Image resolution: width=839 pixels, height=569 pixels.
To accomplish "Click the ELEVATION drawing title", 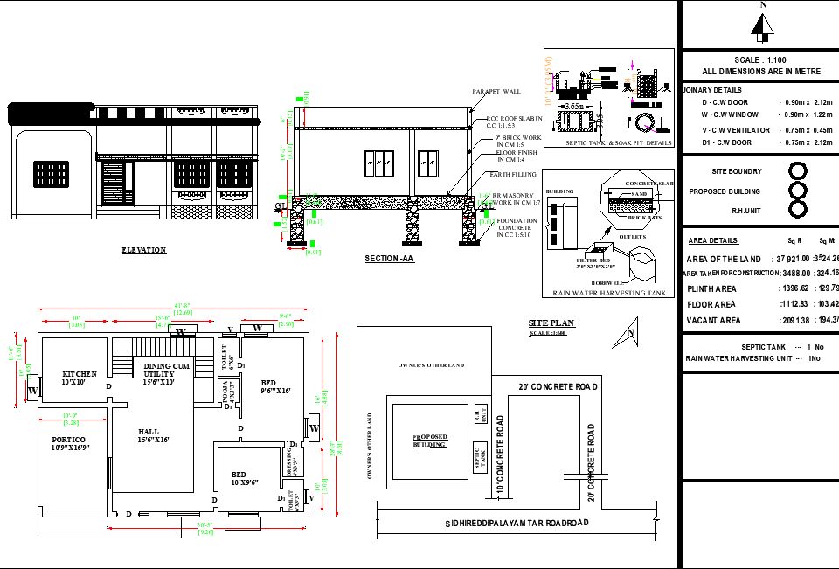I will click(x=143, y=250).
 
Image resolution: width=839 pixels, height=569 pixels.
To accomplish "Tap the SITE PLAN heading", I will click(x=551, y=323).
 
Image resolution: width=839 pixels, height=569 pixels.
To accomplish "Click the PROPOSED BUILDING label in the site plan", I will click(x=429, y=441).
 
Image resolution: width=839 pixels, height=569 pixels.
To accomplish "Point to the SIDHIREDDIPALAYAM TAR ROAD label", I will click(x=517, y=523).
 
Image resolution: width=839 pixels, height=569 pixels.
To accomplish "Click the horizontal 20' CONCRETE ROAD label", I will click(x=557, y=386).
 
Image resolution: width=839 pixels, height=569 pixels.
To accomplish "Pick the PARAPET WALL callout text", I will click(x=496, y=91).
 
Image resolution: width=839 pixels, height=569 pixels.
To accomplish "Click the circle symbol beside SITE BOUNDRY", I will click(x=797, y=171).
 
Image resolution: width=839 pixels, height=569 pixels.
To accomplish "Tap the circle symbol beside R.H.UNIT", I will click(x=797, y=209).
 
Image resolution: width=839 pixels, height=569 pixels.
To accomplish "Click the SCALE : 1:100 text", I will click(x=760, y=59).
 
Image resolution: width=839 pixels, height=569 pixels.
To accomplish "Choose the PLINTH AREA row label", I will click(x=711, y=288).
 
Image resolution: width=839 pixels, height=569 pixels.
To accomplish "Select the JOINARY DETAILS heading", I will click(x=712, y=90).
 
